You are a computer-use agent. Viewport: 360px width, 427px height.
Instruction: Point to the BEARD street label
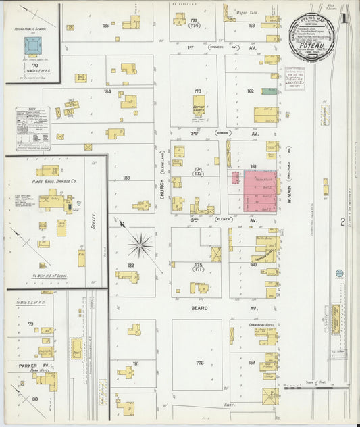tap(199, 307)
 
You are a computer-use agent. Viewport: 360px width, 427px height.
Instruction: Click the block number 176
tap(199, 363)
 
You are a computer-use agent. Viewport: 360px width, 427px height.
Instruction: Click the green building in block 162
tap(269, 91)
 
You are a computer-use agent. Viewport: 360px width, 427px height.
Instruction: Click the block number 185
tap(105, 26)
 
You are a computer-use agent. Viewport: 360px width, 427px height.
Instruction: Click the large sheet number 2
tap(343, 222)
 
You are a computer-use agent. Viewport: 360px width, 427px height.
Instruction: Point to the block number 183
tap(126, 178)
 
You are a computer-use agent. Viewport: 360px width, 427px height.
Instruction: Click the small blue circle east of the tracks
tap(339, 274)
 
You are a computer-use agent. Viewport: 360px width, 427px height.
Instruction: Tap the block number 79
tap(30, 324)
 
